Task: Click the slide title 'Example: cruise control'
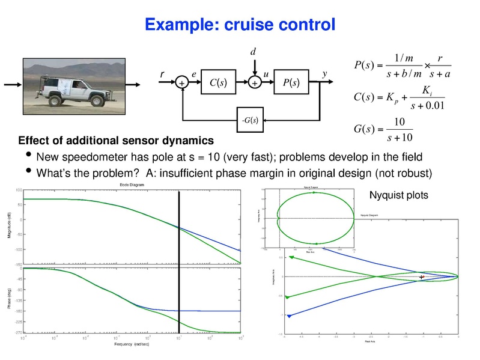240,25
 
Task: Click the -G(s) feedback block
250,120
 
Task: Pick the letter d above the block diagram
253,53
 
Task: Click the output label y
324,74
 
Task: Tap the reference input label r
162,74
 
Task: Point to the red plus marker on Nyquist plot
422,277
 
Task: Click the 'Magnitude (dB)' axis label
10,225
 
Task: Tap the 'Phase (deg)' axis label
10,299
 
